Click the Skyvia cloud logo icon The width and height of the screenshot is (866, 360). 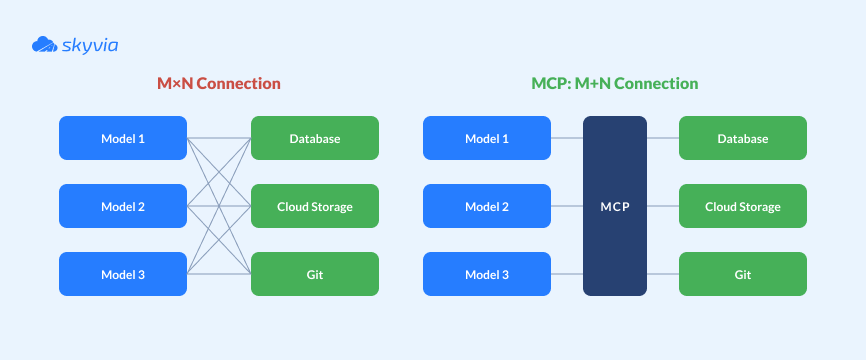[44, 44]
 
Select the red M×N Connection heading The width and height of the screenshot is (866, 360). [218, 83]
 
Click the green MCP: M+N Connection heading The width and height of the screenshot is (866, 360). [614, 83]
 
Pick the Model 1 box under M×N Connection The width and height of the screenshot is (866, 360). [123, 138]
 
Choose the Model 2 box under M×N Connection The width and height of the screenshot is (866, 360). [123, 206]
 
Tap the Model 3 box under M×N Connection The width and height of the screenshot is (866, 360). [123, 274]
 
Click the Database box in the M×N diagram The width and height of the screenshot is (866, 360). [315, 138]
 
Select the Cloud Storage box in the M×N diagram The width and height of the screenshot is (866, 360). [315, 206]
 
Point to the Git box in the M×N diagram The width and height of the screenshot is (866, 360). [315, 274]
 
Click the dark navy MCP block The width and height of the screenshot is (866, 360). [615, 206]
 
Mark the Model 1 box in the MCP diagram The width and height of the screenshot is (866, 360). [487, 138]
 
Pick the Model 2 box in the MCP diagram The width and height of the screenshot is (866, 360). [487, 206]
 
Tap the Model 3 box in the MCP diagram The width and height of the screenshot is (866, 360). [487, 274]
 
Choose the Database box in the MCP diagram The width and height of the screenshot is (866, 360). [743, 138]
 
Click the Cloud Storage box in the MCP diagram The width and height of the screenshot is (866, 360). [743, 206]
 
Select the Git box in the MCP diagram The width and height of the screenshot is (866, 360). [743, 274]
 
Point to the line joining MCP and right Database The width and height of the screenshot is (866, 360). [663, 138]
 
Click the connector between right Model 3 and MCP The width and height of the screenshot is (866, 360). [567, 274]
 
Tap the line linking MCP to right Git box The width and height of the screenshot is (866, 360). [663, 274]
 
